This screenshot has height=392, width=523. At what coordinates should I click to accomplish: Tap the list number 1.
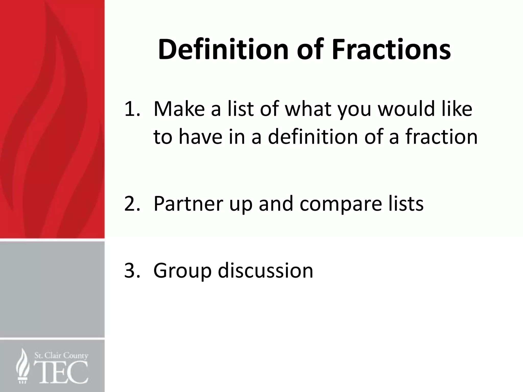[x=132, y=109]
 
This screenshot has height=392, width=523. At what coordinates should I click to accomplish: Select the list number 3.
[x=132, y=271]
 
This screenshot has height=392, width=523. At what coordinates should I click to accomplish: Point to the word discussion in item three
[x=265, y=271]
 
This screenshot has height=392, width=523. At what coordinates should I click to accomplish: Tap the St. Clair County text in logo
[x=61, y=356]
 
